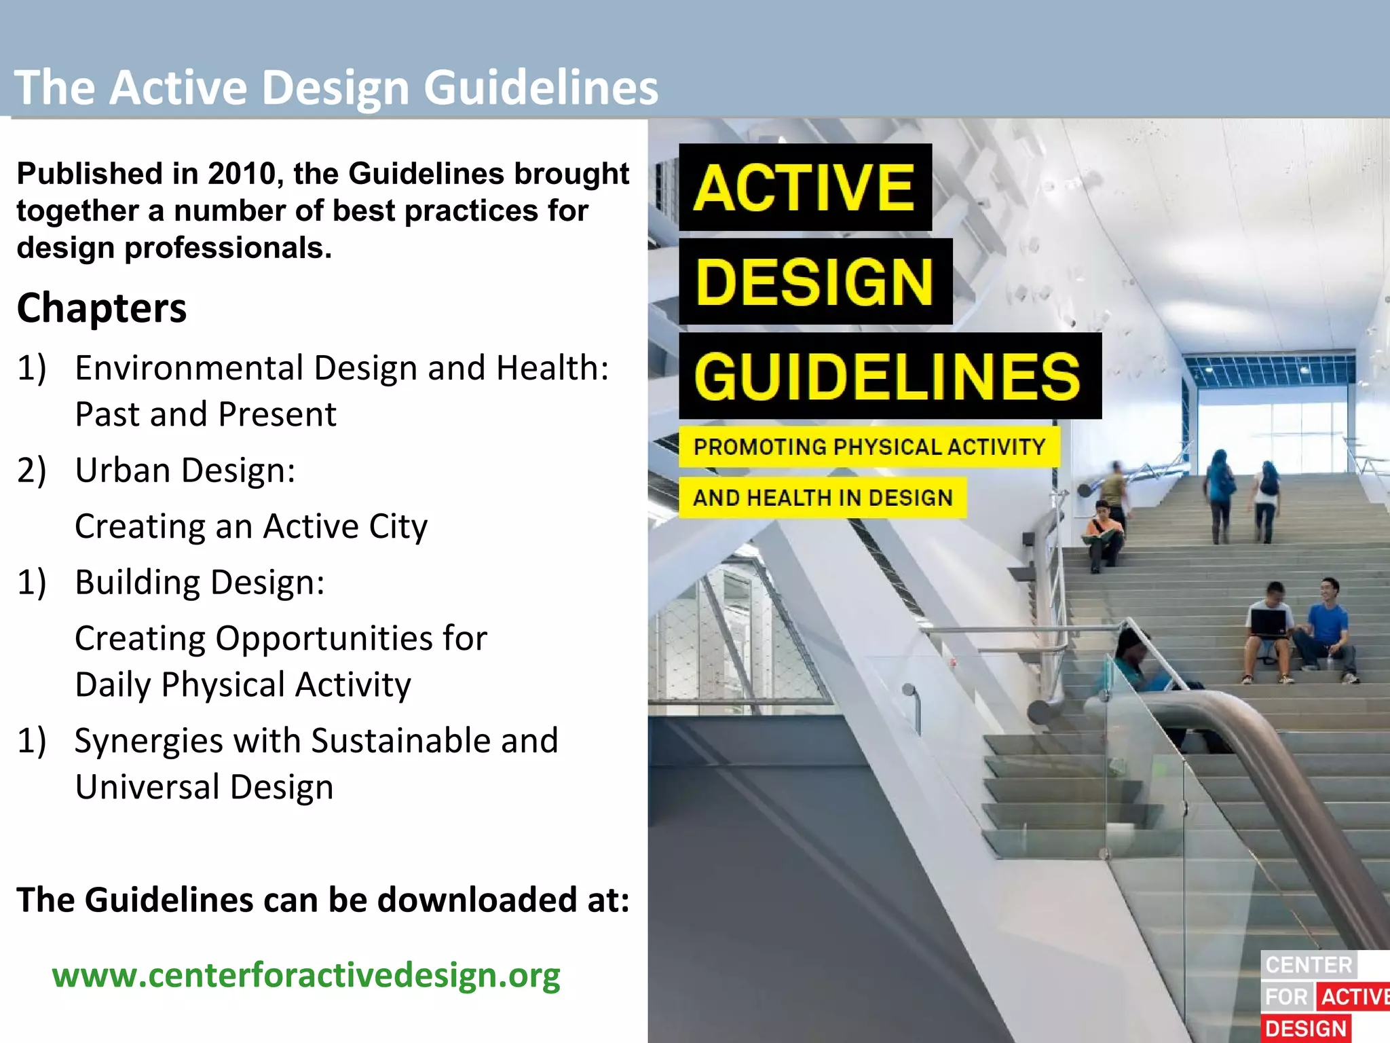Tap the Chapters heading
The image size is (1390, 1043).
pos(102,308)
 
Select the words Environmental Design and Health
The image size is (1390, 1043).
pos(341,368)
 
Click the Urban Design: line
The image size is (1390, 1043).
pos(185,470)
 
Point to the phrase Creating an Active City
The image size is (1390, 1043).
pos(251,526)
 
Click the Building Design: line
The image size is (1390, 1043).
pos(200,583)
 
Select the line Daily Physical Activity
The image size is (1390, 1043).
pos(242,684)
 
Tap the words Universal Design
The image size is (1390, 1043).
pos(204,787)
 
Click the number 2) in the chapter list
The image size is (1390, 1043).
pos(32,470)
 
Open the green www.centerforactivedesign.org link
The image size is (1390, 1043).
pos(306,975)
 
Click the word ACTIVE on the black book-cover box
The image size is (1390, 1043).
pos(804,188)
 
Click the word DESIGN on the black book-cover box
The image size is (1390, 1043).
pos(814,282)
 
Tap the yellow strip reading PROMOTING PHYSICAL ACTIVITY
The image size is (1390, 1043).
pos(869,447)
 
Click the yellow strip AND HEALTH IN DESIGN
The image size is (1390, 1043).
pos(823,498)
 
